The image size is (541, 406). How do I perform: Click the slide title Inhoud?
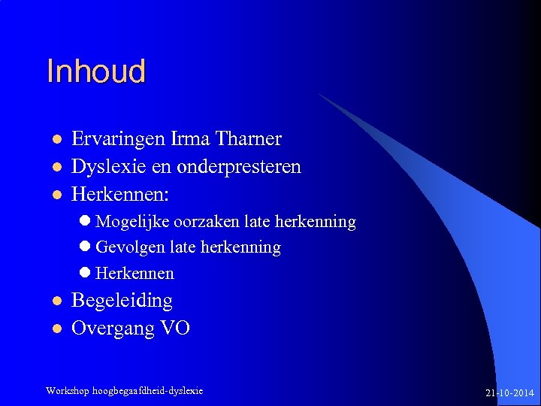pos(95,72)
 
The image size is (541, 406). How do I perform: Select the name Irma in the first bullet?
pos(192,139)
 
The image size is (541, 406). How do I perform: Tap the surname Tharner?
pos(248,139)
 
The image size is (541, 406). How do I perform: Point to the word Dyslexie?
pos(104,167)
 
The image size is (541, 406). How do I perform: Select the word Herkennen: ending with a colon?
pos(120,194)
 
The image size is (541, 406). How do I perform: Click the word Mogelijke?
pos(133,223)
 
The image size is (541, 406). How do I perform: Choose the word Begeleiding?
pos(122,301)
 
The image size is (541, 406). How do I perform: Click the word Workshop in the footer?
pos(67,391)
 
